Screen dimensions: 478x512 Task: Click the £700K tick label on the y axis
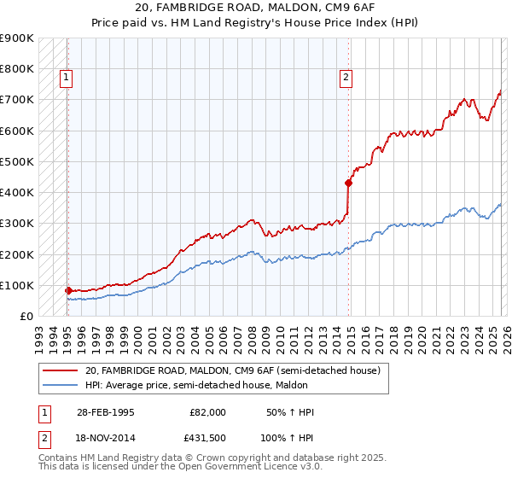pos(16,100)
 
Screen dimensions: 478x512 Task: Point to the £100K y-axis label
pos(16,286)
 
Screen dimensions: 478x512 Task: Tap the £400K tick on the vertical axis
pos(16,193)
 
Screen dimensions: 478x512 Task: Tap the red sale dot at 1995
pos(68,290)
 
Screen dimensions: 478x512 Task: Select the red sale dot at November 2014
pos(348,183)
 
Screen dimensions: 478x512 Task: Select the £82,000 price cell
pos(209,412)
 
